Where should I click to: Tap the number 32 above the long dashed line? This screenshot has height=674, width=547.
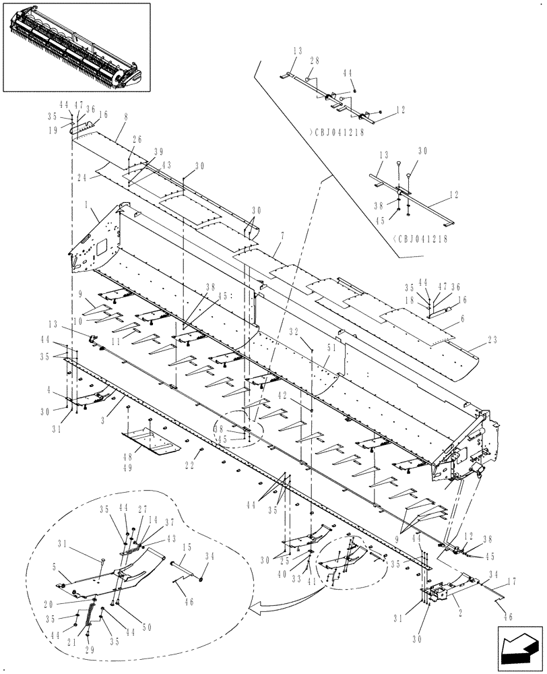pyautogui.click(x=311, y=332)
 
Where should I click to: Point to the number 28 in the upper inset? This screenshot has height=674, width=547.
pyautogui.click(x=314, y=61)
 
